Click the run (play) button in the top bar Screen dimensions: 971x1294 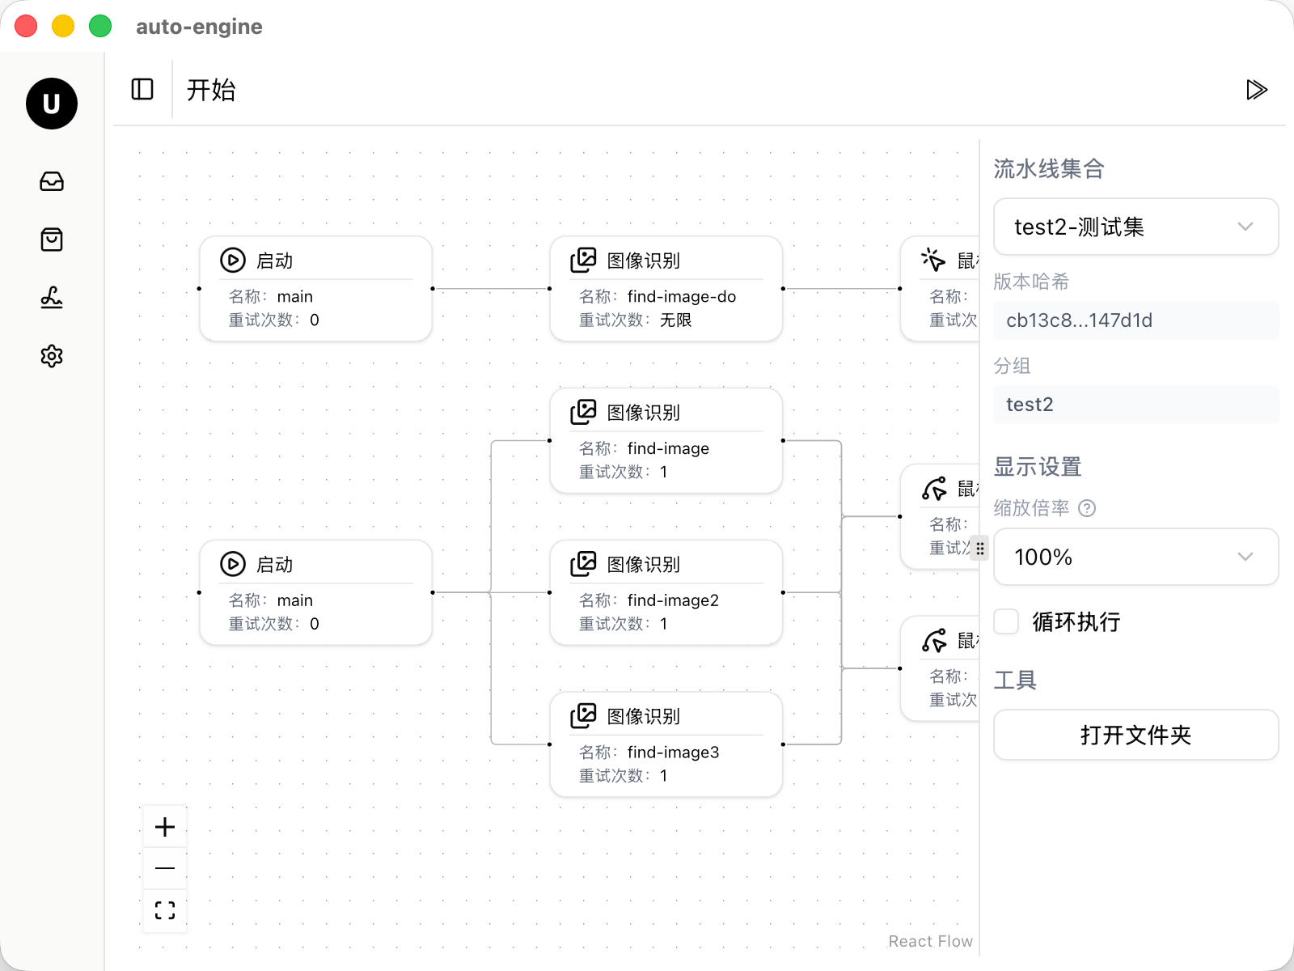1256,90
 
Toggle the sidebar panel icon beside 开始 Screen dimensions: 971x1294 142,89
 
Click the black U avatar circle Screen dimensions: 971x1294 52,104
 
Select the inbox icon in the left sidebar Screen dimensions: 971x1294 52,181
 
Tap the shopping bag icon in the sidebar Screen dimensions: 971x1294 52,240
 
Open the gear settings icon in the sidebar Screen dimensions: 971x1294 52,356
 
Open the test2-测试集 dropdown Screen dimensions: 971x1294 1135,227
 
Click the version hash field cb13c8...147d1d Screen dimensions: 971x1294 1135,320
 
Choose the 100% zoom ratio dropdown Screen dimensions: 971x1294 1135,557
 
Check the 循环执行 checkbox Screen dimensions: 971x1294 1006,621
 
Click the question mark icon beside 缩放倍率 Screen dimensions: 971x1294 1087,508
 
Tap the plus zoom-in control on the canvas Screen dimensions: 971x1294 165,827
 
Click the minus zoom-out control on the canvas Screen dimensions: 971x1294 165,868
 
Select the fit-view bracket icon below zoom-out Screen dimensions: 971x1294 165,910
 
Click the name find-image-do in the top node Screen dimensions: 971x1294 681,297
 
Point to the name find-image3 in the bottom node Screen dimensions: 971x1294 673,753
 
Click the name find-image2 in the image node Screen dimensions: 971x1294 673,600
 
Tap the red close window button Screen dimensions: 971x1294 26,27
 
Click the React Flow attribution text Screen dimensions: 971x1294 930,941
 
